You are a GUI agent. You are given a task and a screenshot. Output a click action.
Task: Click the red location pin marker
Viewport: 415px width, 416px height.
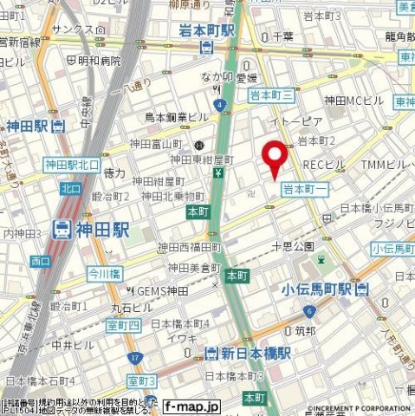pyautogui.click(x=276, y=158)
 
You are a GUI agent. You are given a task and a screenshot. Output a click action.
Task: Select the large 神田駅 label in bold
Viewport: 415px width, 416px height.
pyautogui.click(x=90, y=230)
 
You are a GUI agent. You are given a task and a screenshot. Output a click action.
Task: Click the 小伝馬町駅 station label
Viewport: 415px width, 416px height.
pyautogui.click(x=318, y=289)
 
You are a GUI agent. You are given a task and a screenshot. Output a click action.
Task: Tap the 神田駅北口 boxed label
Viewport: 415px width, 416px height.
pyautogui.click(x=73, y=164)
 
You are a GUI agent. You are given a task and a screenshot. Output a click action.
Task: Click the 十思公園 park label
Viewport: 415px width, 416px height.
pyautogui.click(x=293, y=246)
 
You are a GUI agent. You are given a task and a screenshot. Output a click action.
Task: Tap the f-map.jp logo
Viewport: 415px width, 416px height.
pyautogui.click(x=191, y=406)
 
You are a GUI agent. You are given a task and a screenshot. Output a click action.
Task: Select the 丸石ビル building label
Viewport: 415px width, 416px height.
pyautogui.click(x=131, y=307)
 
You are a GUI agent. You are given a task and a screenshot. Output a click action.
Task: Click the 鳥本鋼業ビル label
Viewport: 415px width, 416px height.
pyautogui.click(x=177, y=117)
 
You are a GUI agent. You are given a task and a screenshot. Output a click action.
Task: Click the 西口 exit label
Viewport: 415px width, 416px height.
pyautogui.click(x=40, y=260)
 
